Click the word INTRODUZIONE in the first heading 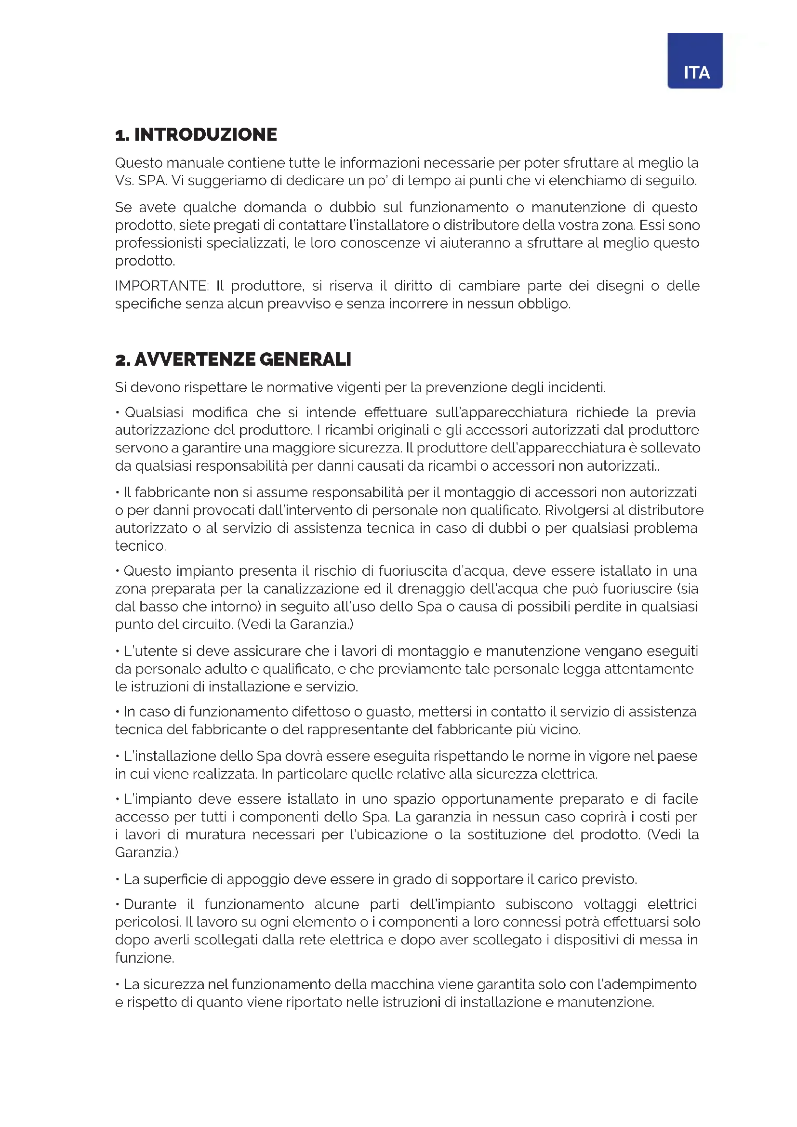[x=205, y=134]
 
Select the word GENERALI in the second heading [x=305, y=359]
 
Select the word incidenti [x=576, y=388]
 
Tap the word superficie [x=175, y=879]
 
